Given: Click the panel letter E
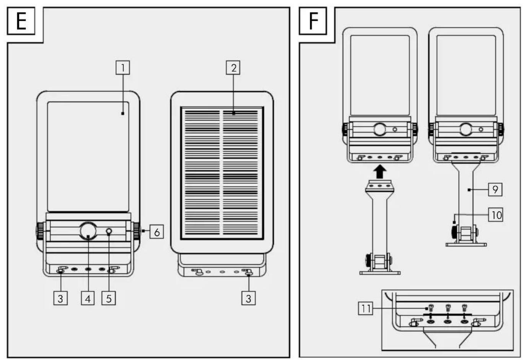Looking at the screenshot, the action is (x=21, y=21).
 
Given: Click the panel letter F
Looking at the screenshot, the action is (x=313, y=21).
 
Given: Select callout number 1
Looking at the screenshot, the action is (x=123, y=68).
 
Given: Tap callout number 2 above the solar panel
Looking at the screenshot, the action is (x=233, y=68).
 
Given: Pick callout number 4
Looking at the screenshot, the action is (x=88, y=298).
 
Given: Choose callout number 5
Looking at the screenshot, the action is (x=109, y=298).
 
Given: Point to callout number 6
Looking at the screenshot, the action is (x=157, y=232).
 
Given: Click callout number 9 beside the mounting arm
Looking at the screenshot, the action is (x=495, y=189).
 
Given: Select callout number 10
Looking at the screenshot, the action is (x=495, y=215).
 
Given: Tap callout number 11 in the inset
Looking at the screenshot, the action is (x=366, y=308).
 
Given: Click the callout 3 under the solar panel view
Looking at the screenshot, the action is (x=249, y=298).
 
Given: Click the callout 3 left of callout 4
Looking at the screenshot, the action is (x=60, y=298).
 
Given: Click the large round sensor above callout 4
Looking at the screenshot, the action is (x=88, y=231).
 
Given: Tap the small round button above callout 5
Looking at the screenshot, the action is (x=109, y=232).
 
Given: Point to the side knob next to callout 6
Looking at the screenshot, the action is (x=137, y=231).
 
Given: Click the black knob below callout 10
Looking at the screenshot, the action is (x=454, y=232).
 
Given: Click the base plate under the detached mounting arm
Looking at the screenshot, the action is (x=380, y=272).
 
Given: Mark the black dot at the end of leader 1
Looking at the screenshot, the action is (x=122, y=114).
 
